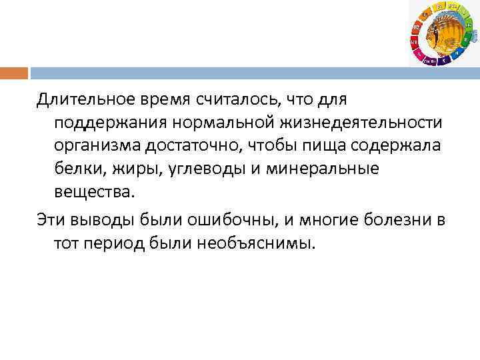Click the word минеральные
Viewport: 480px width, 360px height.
click(x=323, y=169)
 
